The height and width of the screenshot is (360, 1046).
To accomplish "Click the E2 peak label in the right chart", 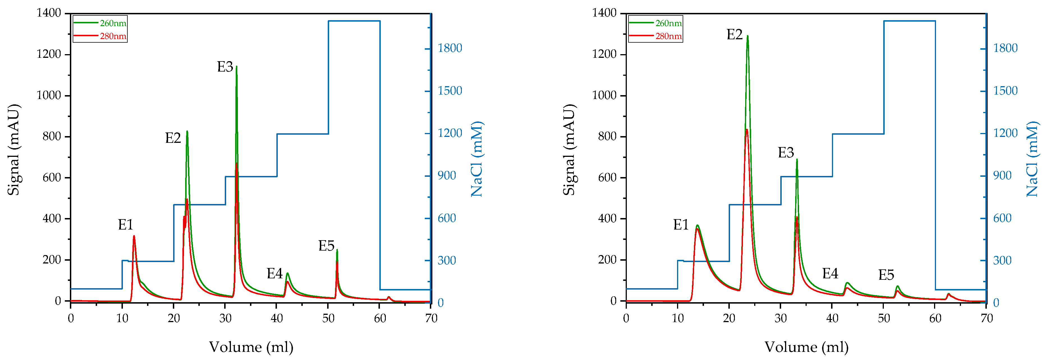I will tap(734, 35).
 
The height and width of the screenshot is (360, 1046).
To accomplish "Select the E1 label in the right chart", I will tap(681, 225).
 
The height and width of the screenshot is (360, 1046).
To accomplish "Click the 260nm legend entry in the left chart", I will tap(113, 23).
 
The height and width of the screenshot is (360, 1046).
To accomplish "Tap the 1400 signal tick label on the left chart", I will tap(49, 13).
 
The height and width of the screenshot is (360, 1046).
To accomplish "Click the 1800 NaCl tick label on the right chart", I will tap(1005, 48).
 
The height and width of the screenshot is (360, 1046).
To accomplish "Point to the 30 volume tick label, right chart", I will tap(781, 318).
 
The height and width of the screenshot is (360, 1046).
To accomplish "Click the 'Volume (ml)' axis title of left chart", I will tap(251, 347).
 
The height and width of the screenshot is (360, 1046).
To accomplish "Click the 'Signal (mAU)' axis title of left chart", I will tap(13, 150).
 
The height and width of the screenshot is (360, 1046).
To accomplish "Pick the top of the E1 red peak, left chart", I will tap(134, 236).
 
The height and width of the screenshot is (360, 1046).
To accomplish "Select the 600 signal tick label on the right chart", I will tap(607, 177).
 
